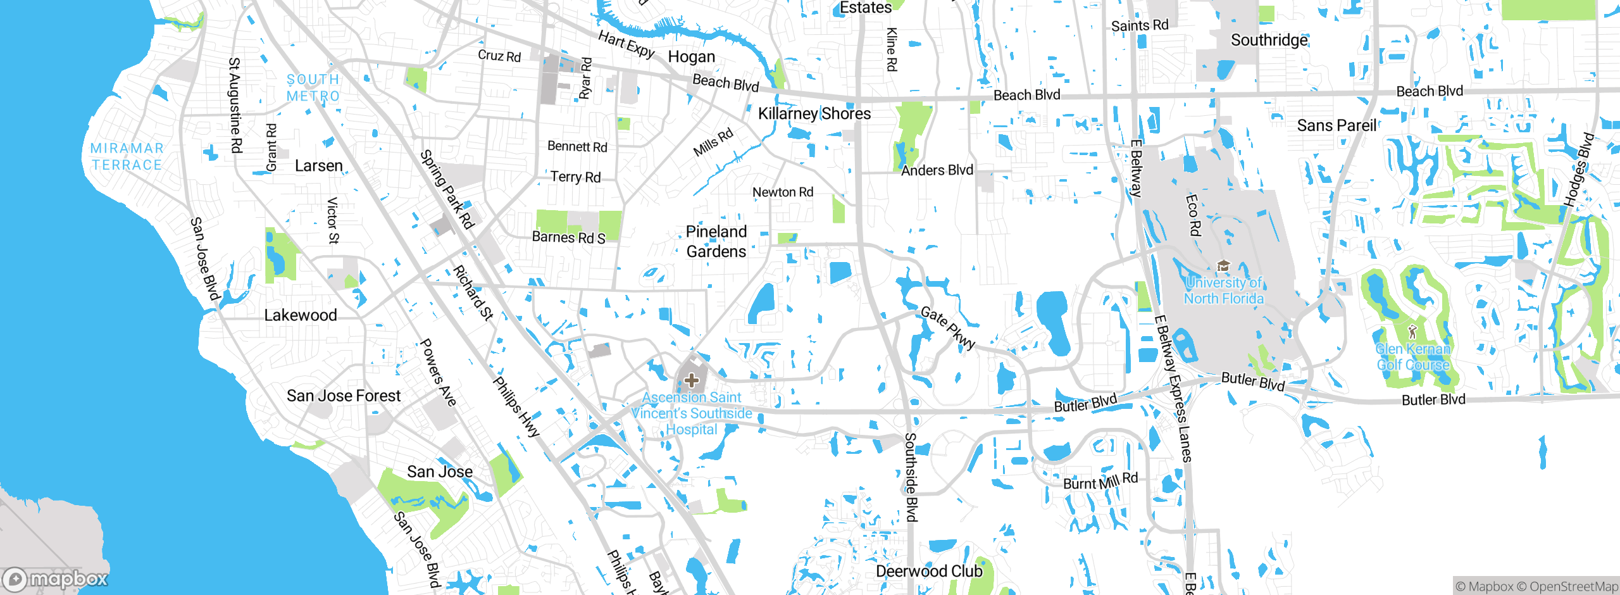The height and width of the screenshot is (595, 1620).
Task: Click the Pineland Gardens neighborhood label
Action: point(716,242)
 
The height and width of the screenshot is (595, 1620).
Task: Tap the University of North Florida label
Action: point(1223,291)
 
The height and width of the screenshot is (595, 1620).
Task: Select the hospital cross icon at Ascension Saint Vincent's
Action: point(692,380)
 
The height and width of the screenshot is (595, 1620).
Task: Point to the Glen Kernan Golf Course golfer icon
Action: point(1412,331)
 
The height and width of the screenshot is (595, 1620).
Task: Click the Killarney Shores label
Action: point(814,114)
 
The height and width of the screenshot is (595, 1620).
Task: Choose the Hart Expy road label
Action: point(626,44)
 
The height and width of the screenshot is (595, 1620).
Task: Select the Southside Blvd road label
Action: point(911,477)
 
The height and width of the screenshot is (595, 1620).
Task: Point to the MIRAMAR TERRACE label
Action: point(127,156)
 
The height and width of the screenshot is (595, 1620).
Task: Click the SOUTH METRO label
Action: point(313,88)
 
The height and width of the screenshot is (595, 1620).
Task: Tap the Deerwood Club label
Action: point(929,571)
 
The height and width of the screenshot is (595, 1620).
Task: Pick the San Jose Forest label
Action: point(344,396)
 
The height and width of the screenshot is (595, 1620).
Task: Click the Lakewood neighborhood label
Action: point(300,315)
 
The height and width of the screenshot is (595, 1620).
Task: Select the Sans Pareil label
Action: point(1336,125)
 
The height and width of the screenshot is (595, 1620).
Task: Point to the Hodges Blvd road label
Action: point(1579,170)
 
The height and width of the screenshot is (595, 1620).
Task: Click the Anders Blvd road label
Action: point(937,170)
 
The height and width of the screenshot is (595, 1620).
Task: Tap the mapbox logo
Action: point(56,579)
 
